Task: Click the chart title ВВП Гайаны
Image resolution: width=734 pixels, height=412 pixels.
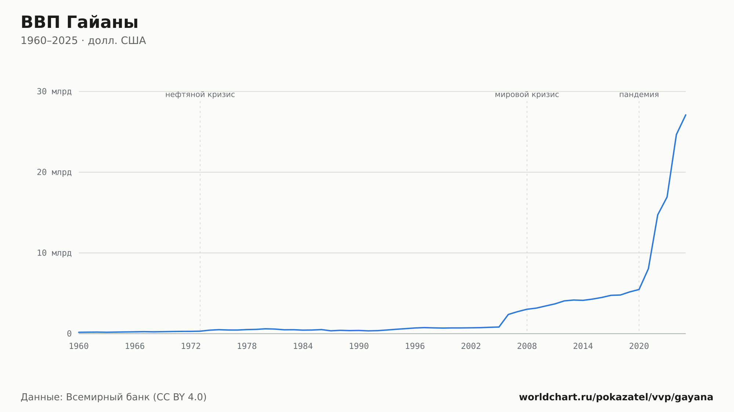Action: pos(79,22)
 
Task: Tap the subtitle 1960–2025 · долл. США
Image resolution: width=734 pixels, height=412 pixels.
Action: pos(83,41)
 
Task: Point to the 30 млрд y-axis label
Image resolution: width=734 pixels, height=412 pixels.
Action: pos(54,92)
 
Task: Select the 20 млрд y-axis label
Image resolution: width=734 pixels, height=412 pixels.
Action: pos(54,172)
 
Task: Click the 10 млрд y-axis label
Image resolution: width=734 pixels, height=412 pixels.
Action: pos(54,253)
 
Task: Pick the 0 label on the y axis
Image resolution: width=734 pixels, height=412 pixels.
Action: pos(69,334)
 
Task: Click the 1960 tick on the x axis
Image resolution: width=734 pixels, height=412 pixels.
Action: pos(79,346)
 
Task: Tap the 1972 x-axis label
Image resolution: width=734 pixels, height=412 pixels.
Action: pos(191,346)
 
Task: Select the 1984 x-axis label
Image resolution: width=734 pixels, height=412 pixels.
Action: pos(303,346)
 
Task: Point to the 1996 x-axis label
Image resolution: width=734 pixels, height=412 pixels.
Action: pos(415,346)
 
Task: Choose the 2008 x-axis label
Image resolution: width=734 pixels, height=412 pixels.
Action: pos(527,346)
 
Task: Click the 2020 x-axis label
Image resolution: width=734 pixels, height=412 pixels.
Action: pos(639,346)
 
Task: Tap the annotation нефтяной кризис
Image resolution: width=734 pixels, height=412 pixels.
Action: pos(200,95)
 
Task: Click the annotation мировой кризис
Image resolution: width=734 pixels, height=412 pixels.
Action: pos(527,95)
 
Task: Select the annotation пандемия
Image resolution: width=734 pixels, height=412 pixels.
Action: pos(639,95)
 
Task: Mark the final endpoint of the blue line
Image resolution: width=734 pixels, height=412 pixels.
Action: pos(686,115)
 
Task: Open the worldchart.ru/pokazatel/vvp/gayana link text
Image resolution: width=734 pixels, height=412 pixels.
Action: pos(616,397)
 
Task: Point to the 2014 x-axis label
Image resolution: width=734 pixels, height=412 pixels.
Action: pos(583,346)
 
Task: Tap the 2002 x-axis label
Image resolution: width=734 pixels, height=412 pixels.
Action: pos(471,346)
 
